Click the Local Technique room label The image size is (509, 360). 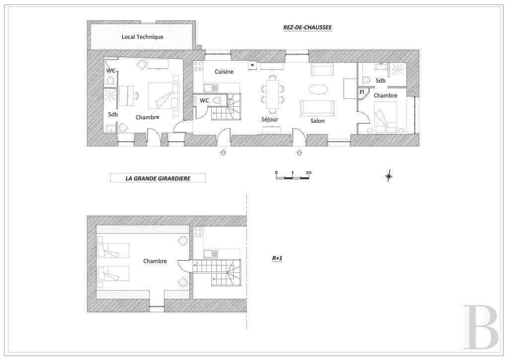(x=143, y=37)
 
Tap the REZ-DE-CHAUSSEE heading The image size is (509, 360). (x=307, y=27)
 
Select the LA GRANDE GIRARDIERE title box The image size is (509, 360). (x=158, y=178)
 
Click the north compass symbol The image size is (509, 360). (x=389, y=176)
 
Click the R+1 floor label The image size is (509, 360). (x=277, y=259)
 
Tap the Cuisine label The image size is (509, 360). (x=224, y=72)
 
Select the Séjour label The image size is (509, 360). (x=270, y=119)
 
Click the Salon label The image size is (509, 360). (x=318, y=121)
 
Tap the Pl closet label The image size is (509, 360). (x=362, y=92)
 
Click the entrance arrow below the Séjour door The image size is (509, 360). (x=223, y=152)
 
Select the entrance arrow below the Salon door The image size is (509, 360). (x=299, y=152)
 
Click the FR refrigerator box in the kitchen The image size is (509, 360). (x=252, y=65)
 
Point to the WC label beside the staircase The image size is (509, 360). (x=204, y=100)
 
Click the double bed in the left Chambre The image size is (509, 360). (x=164, y=95)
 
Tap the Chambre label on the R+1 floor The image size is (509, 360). (x=155, y=261)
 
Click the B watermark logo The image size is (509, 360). (x=481, y=326)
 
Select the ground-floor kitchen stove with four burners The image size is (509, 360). (x=198, y=66)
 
